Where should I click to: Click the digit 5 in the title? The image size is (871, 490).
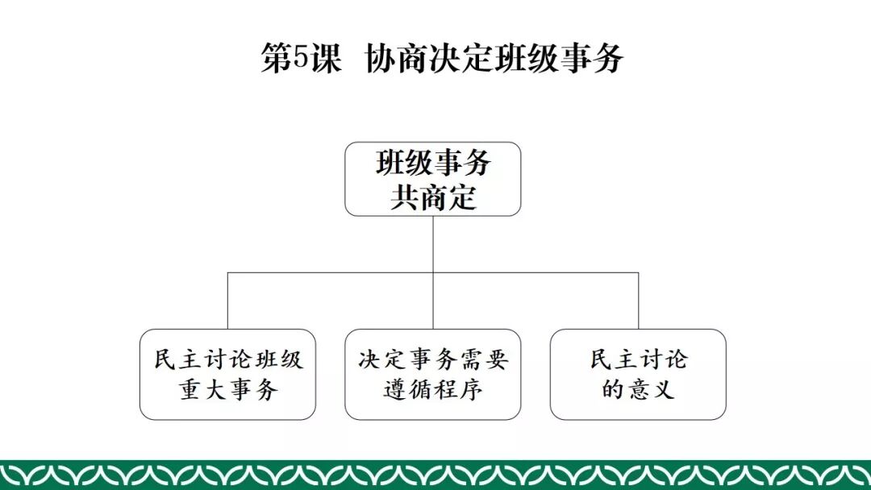(x=300, y=59)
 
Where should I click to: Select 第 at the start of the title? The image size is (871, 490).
(x=276, y=59)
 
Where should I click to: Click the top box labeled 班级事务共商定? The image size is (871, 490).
(x=433, y=179)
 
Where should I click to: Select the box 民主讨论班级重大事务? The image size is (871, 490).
(x=227, y=374)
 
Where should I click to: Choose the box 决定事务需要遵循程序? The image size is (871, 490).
(x=433, y=374)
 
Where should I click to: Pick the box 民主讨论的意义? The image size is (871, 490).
(x=638, y=374)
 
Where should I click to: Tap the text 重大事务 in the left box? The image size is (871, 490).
(x=227, y=390)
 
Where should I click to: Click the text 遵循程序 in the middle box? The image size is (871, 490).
(x=433, y=390)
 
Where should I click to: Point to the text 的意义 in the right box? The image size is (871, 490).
(x=638, y=390)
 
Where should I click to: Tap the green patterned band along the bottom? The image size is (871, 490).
(x=435, y=475)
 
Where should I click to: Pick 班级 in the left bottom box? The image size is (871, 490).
(x=280, y=359)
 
